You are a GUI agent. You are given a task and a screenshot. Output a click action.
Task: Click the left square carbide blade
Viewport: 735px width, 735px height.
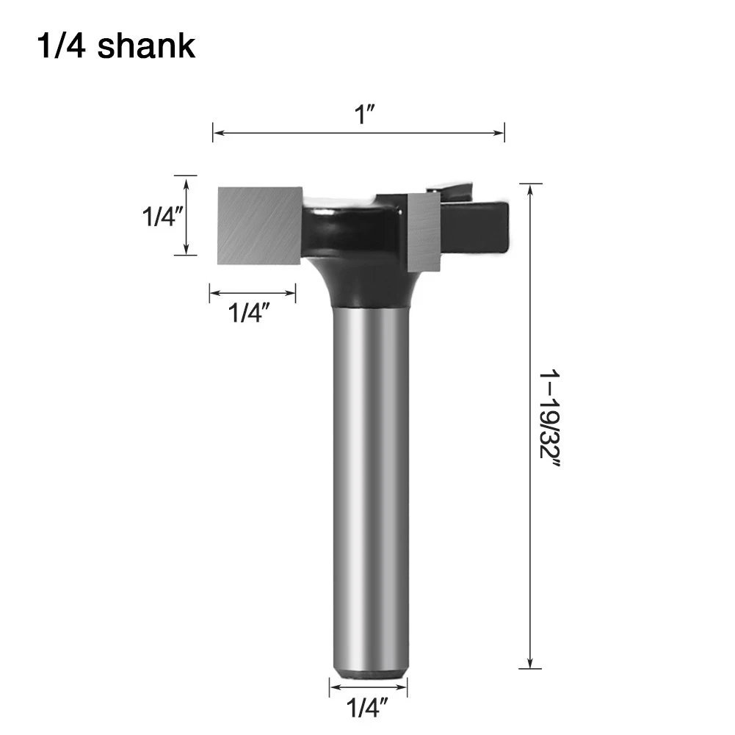[261, 225]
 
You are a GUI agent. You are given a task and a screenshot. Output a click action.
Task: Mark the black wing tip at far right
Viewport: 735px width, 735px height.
[499, 228]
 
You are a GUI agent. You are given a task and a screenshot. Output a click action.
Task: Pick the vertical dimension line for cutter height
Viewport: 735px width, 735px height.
[185, 216]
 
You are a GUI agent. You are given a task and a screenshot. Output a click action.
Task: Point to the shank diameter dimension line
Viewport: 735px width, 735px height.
[368, 687]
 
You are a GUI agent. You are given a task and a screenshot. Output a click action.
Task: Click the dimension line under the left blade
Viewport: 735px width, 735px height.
[253, 294]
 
